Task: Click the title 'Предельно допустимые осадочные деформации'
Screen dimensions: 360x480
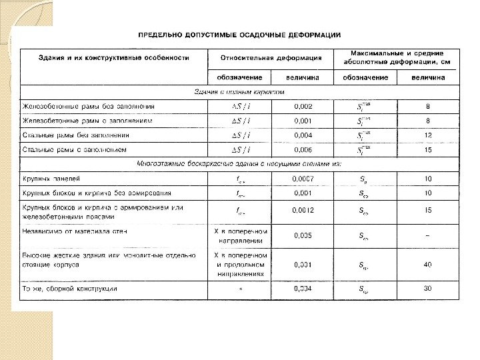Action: coord(240,34)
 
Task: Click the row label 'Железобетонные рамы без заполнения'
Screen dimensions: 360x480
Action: coord(89,106)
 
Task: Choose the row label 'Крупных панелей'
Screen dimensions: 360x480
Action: coord(53,179)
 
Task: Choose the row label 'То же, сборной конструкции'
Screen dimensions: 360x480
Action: coord(71,289)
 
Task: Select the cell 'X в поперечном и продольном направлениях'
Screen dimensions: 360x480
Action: coord(240,264)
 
